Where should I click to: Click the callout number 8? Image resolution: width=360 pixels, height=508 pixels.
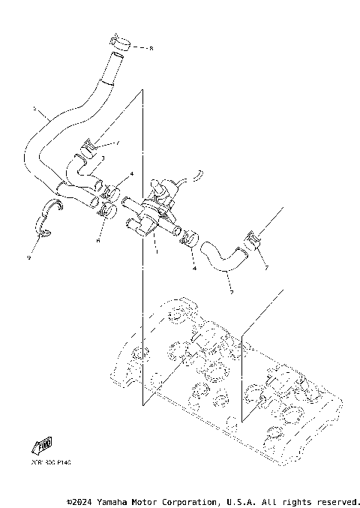(x=151, y=48)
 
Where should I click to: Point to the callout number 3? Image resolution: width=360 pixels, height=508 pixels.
(x=103, y=158)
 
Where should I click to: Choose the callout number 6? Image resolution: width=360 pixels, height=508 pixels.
(x=97, y=242)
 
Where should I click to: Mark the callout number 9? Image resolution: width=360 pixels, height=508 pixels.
(x=28, y=257)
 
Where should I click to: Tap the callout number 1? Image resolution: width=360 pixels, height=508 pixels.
(x=155, y=252)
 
